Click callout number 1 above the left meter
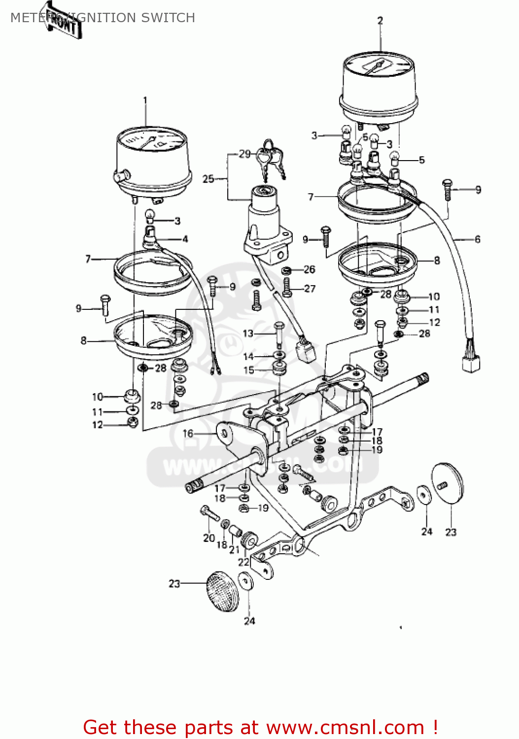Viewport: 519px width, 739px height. point(145,101)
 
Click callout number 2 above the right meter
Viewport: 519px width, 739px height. point(380,21)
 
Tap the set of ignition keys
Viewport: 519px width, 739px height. point(270,157)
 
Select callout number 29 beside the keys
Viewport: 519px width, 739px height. point(245,154)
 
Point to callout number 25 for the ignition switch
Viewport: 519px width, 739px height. point(208,179)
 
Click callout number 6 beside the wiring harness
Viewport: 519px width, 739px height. point(477,239)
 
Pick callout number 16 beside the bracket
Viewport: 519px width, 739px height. point(188,434)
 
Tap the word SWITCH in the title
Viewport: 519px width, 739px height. point(168,18)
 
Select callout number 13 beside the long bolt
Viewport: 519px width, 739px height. point(248,334)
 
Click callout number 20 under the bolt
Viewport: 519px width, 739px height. point(209,538)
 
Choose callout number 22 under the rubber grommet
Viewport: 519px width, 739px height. point(243,562)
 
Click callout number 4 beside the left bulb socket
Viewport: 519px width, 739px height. point(185,239)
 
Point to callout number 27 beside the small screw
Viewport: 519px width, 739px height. point(310,289)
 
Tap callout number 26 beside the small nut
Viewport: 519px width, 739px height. point(309,269)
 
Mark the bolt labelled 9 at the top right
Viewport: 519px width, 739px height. point(447,189)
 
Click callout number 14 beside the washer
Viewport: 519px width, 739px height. point(248,356)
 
